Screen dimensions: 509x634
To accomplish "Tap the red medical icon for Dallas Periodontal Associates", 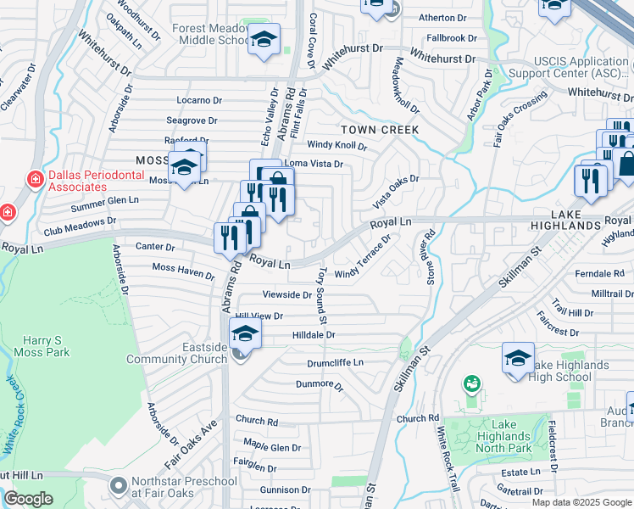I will coord(35,179).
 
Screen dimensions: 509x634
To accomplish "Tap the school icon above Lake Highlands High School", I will coord(518,358).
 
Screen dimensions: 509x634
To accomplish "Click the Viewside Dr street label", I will coord(287,294).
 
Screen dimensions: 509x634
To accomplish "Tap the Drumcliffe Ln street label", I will coord(335,362).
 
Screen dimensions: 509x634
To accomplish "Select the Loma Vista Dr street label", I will coord(314,164).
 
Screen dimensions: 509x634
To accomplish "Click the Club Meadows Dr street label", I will coord(80,226).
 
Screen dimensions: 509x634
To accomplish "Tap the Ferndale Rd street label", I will coord(599,274).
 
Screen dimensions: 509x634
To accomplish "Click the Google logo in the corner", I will coord(28,499).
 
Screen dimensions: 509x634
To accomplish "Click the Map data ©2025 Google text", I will coord(580,502).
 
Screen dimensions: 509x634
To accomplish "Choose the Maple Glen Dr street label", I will coord(272,447).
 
